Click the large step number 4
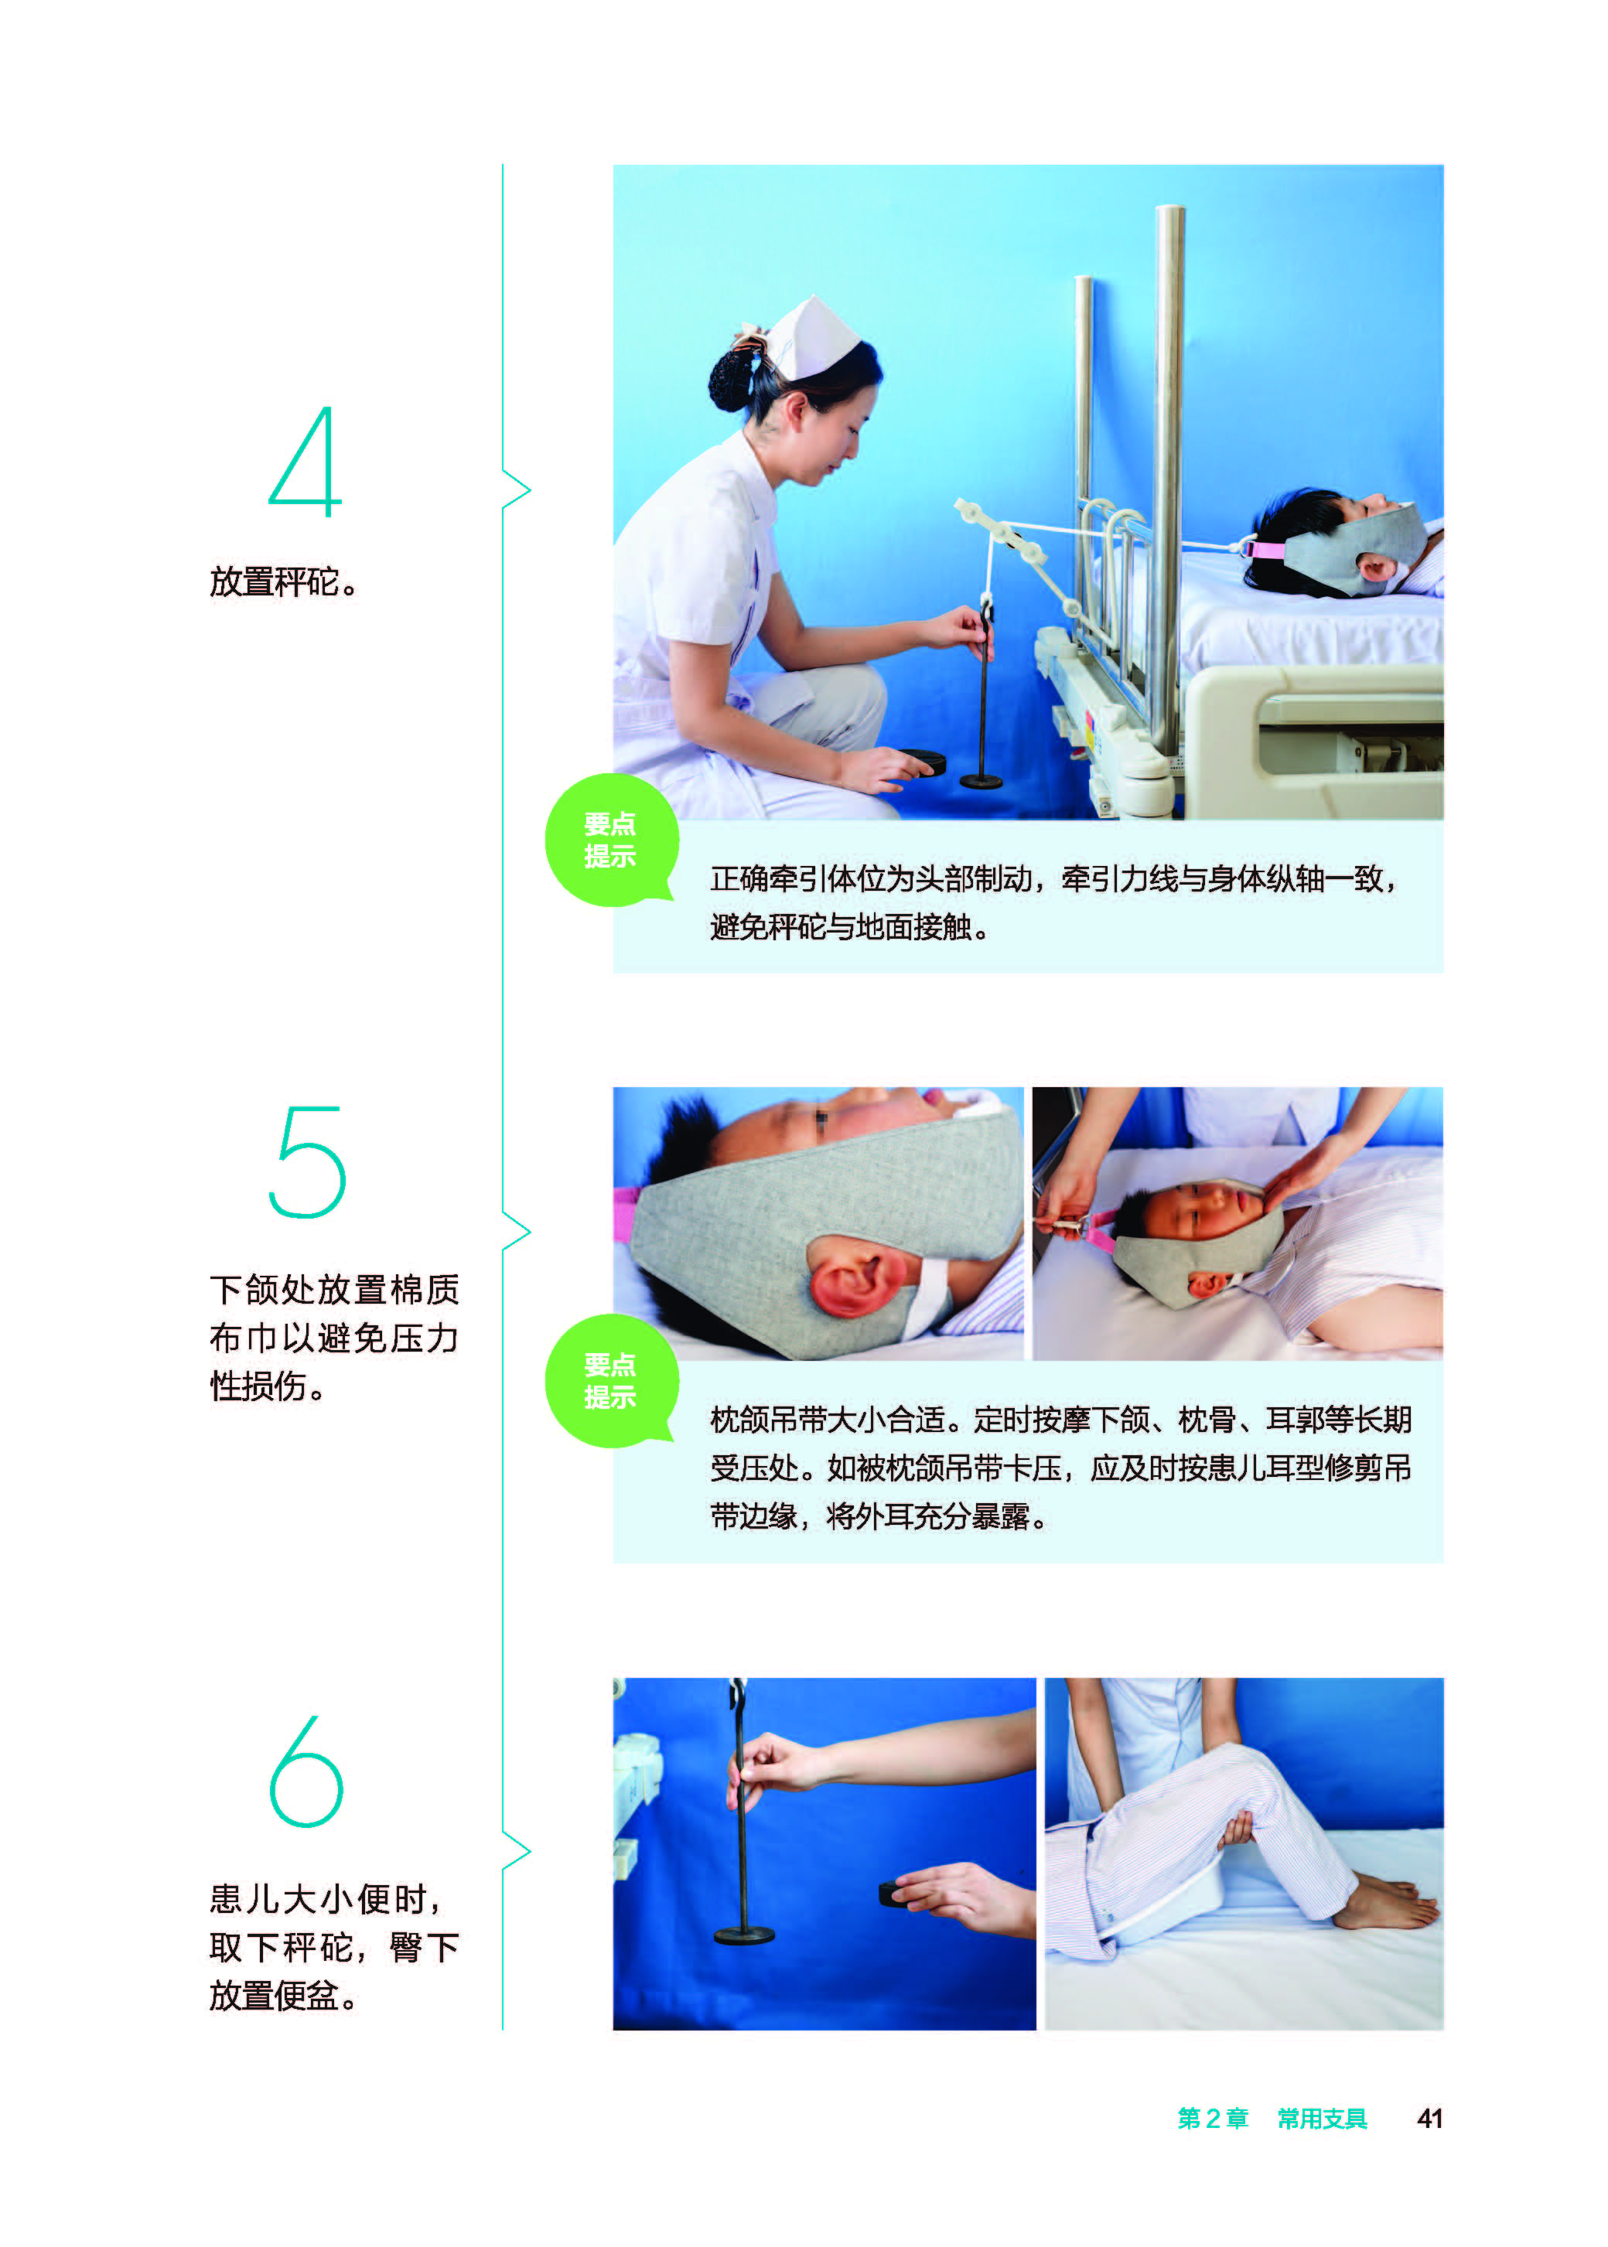coord(306,462)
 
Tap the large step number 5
coord(308,1162)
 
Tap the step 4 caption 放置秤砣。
coord(283,582)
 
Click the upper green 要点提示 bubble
coord(611,840)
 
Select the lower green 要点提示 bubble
coord(611,1381)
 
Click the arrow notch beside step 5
coord(517,1232)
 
